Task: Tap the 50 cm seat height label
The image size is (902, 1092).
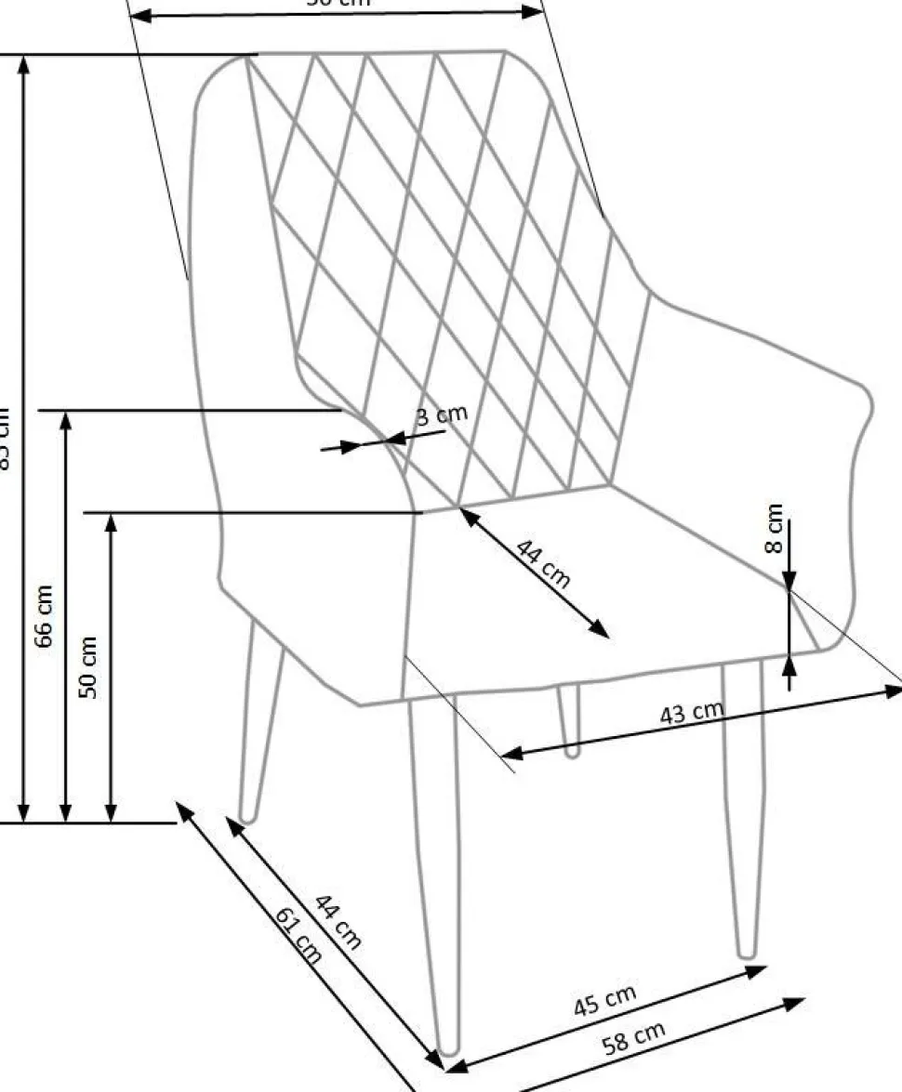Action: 88,666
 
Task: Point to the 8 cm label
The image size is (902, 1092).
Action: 775,528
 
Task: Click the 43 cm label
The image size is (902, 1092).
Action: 691,714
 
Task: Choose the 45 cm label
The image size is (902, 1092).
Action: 604,1001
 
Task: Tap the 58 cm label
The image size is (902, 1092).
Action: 634,1038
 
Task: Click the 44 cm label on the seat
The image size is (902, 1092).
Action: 543,564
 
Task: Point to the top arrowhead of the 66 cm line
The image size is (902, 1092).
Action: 66,418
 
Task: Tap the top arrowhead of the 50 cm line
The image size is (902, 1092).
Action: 112,521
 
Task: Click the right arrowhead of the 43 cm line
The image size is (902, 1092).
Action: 895,690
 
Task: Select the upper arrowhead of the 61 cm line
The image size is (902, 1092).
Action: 183,809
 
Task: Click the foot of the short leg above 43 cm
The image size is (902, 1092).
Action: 572,750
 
